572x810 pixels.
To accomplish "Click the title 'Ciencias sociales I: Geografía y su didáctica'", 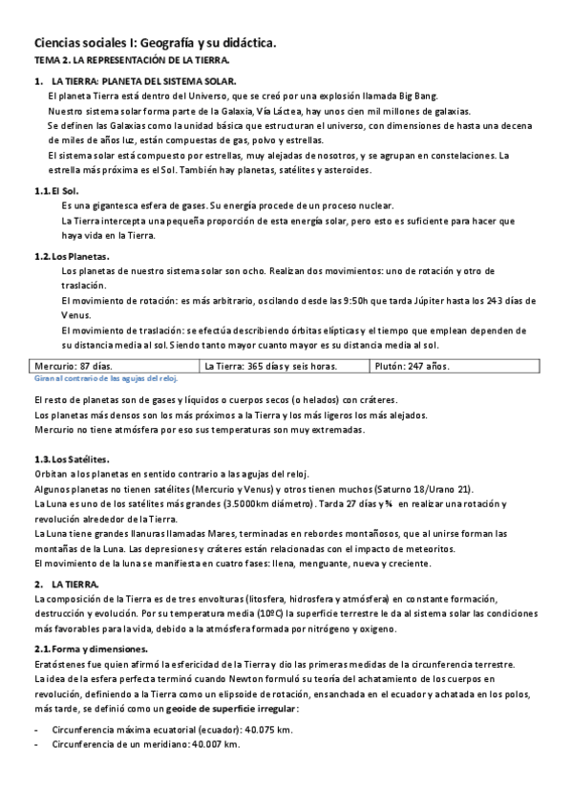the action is [156, 43].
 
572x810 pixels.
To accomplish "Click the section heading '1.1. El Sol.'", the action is [56, 191].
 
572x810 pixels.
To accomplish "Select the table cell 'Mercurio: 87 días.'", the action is [74, 366].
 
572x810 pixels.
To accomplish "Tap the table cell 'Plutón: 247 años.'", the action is [411, 366].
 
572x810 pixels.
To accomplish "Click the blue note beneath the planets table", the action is [105, 378].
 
